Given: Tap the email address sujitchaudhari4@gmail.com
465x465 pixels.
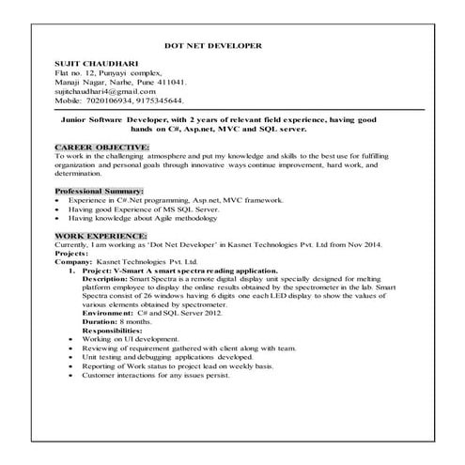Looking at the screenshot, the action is coord(104,88).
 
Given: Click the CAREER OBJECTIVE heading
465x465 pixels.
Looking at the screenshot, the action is coord(101,147).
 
